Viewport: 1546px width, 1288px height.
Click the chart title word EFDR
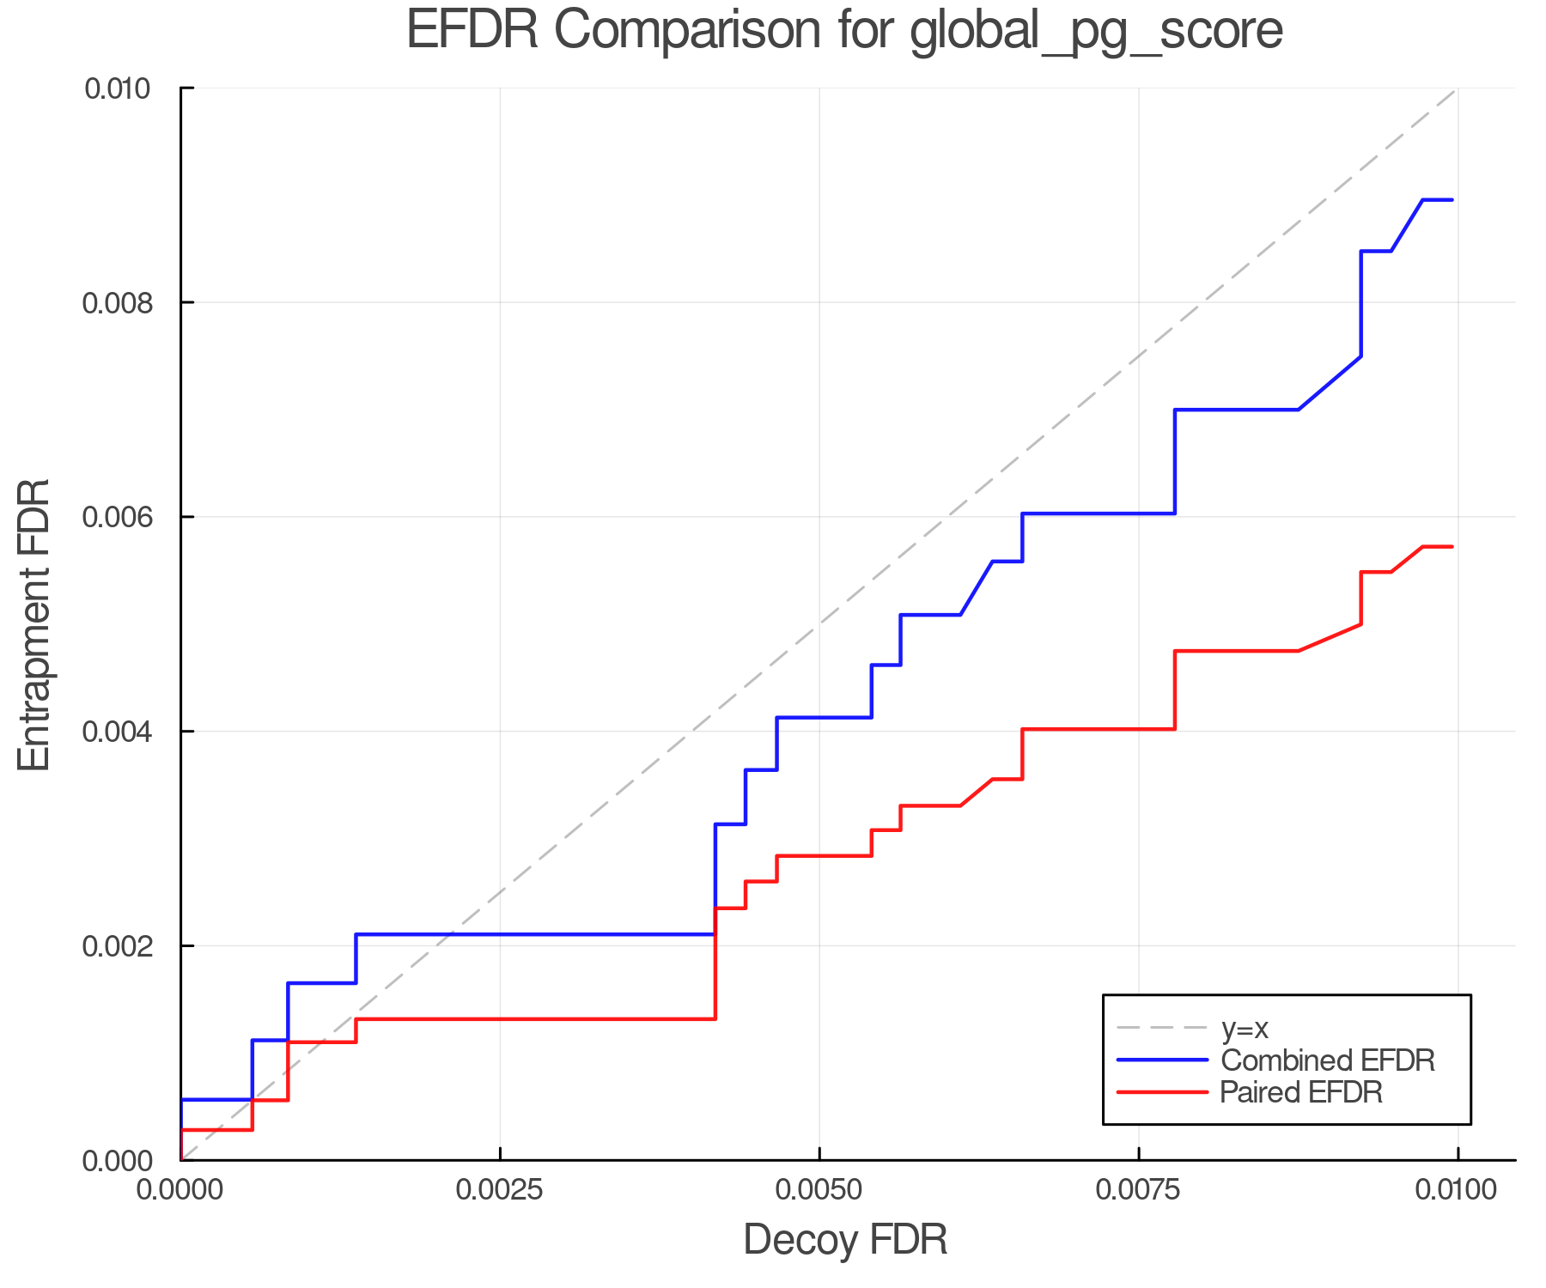pyautogui.click(x=472, y=30)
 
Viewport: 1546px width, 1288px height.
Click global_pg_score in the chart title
pyautogui.click(x=1096, y=30)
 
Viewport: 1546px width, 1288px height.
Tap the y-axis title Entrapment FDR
pyautogui.click(x=35, y=624)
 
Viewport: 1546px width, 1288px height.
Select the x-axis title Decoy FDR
pyautogui.click(x=845, y=1240)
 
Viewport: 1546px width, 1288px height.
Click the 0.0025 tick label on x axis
pyautogui.click(x=500, y=1190)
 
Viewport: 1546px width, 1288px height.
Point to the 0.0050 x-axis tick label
pyautogui.click(x=819, y=1190)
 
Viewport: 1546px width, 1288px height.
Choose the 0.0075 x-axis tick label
pyautogui.click(x=1139, y=1190)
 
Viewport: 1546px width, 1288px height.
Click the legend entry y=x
pyautogui.click(x=1245, y=1028)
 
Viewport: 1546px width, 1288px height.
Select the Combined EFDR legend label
pyautogui.click(x=1328, y=1060)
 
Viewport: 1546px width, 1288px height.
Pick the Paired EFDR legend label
pyautogui.click(x=1301, y=1092)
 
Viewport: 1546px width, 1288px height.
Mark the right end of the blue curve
pyautogui.click(x=1452, y=200)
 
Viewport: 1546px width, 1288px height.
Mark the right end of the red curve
pyautogui.click(x=1452, y=547)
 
